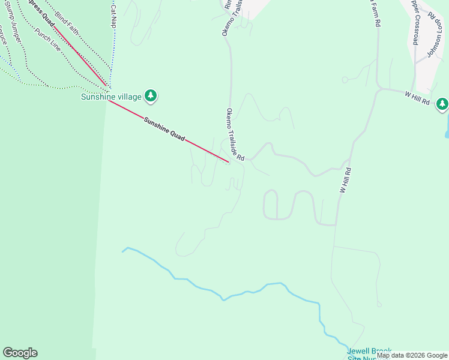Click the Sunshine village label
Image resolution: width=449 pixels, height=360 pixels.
tap(111, 97)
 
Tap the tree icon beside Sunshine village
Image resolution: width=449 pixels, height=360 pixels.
tap(151, 95)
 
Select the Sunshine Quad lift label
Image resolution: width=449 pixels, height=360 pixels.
tap(163, 130)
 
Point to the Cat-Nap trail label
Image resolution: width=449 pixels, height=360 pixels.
tap(113, 15)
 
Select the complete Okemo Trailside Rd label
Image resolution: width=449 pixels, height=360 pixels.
tap(235, 134)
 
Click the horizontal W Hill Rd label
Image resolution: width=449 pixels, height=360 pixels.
tap(417, 98)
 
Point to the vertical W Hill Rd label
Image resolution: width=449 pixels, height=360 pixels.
tap(345, 180)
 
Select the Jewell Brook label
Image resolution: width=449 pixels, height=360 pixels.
tap(369, 351)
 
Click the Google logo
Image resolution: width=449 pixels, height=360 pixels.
tap(20, 353)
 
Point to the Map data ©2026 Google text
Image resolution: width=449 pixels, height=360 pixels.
tap(412, 355)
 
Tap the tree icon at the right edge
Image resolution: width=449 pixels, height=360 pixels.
tap(442, 104)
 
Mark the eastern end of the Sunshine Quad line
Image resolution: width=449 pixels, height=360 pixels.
tap(229, 162)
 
